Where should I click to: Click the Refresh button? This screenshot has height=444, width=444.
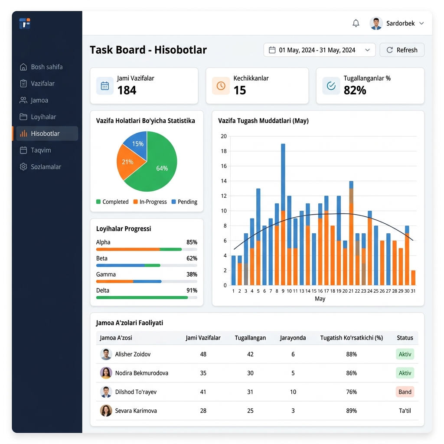[x=402, y=50]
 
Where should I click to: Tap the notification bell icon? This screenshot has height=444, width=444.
[x=356, y=23]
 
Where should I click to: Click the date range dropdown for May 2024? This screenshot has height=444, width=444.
[x=320, y=50]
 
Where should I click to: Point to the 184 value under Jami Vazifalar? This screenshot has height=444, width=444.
[x=127, y=90]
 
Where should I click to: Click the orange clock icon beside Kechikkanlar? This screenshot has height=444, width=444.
[x=221, y=85]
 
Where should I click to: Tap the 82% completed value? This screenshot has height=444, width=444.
[x=355, y=90]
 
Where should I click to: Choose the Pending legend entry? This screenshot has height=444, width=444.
[x=184, y=202]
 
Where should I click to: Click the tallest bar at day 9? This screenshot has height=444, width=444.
[x=283, y=214]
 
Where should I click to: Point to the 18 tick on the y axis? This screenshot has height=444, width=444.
[x=224, y=151]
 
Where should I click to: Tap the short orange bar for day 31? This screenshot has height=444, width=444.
[x=413, y=278]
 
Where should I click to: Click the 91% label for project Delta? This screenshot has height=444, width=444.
[x=192, y=290]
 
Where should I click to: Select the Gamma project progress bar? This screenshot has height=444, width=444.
[x=147, y=281]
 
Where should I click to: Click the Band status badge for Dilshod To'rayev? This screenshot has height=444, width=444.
[x=405, y=392]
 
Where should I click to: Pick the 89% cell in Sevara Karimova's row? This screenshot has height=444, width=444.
[x=351, y=411]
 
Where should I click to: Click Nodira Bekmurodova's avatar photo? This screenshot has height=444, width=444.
[x=106, y=373]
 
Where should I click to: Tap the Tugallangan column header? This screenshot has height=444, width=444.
[x=250, y=338]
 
